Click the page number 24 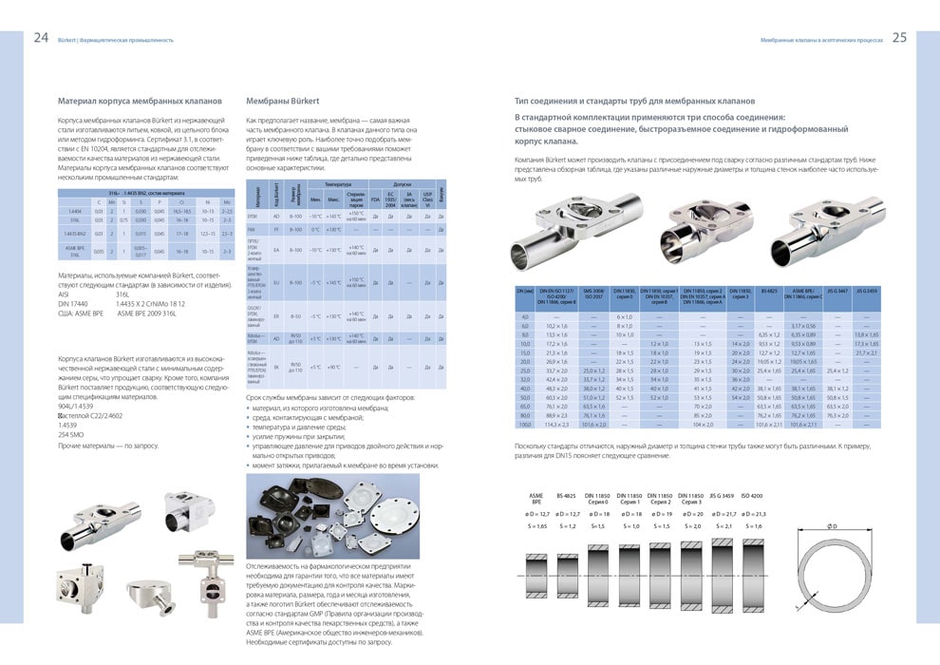(x=41, y=39)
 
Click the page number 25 (x=899, y=39)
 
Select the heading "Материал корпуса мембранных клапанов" (x=140, y=100)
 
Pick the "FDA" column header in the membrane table (x=375, y=199)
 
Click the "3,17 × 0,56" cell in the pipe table (x=802, y=326)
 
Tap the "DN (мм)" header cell (x=524, y=292)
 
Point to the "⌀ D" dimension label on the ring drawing (x=832, y=526)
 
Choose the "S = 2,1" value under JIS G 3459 (x=723, y=525)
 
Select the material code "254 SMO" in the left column (x=72, y=434)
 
